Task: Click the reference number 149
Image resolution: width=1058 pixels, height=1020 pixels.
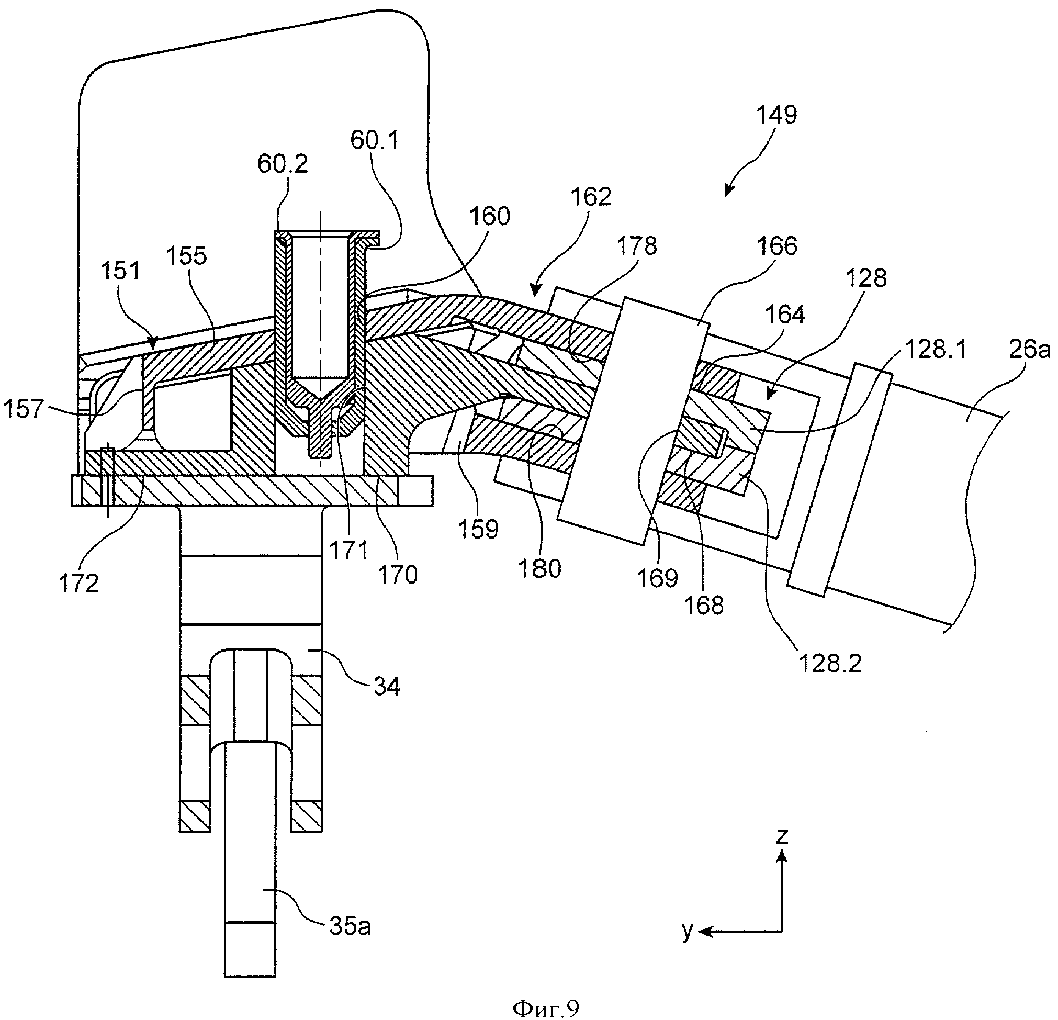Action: pos(776,115)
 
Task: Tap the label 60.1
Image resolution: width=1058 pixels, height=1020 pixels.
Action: pos(375,140)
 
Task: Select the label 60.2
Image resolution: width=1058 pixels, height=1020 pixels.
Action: pos(283,164)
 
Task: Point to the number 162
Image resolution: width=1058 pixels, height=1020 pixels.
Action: pos(591,197)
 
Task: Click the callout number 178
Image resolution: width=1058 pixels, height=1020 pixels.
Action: pos(637,245)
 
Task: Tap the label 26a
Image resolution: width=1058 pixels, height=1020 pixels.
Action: pos(1030,350)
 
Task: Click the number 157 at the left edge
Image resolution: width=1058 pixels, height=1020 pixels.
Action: pos(23,409)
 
